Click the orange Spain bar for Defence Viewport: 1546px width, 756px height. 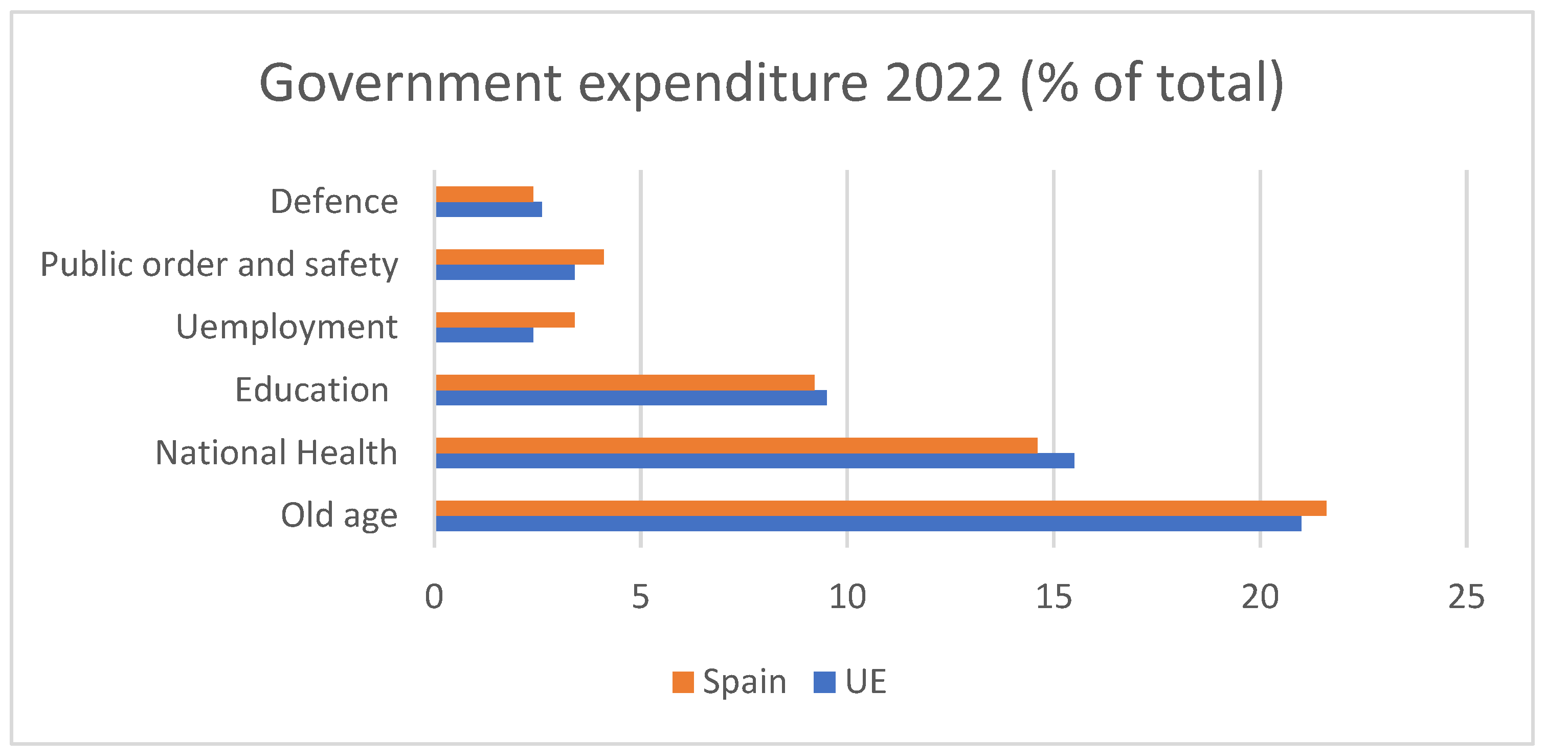484,194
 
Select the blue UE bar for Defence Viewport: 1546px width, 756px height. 488,209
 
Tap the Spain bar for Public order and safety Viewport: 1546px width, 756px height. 520,257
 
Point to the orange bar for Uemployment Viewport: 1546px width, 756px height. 505,320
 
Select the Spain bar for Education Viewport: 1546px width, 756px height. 625,382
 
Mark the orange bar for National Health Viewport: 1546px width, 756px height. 736,445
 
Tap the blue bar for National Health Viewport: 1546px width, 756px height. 755,461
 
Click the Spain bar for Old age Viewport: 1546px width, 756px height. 881,508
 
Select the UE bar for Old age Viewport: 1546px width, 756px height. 868,524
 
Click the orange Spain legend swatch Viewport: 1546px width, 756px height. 683,682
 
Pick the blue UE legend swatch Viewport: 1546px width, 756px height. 824,682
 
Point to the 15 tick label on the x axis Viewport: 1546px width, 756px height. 1054,597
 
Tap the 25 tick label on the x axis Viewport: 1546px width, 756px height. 1466,597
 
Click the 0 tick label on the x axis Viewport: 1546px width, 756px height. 434,597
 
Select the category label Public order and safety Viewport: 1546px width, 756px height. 219,264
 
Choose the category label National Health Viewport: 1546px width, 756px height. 276,453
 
